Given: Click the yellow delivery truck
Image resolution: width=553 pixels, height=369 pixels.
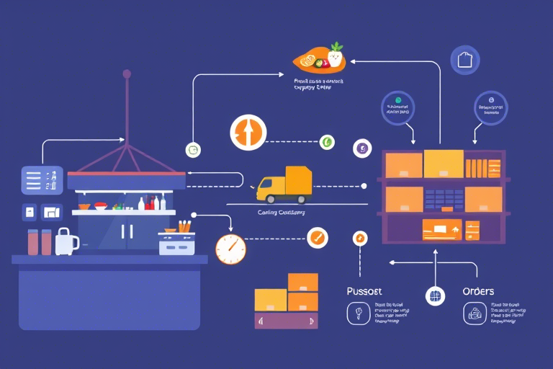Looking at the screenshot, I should (284, 184).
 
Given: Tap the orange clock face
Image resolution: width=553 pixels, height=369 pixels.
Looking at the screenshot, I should (230, 249).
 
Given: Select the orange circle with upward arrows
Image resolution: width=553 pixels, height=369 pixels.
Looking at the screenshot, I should (248, 133).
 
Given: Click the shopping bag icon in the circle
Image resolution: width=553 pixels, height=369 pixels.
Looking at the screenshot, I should (464, 60).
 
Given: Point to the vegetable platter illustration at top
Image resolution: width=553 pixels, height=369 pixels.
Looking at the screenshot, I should (320, 58).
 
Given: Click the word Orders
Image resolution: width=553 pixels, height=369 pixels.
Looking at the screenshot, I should (478, 291).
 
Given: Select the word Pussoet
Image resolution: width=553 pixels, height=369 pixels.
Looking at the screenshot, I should (364, 291).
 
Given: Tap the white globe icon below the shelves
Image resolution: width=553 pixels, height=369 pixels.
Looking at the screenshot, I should (435, 295).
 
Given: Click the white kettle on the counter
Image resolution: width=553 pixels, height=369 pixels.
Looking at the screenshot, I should (66, 241).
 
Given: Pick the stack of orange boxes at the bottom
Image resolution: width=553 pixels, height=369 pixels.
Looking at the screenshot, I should (287, 301).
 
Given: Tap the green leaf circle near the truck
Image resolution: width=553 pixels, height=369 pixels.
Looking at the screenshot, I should (327, 142).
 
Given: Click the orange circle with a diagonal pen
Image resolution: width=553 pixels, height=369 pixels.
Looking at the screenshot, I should (317, 237).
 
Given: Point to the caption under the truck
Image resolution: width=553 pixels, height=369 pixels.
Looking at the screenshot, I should (281, 213).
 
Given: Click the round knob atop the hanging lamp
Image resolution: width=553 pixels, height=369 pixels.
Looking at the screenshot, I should (127, 74).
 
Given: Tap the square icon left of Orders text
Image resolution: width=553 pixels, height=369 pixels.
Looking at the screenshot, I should (474, 313).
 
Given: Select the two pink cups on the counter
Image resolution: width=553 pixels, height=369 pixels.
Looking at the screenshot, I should (39, 241).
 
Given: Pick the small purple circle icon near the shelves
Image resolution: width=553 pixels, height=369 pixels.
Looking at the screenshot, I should (362, 149).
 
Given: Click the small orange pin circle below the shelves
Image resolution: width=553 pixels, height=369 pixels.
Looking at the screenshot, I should (359, 239).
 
